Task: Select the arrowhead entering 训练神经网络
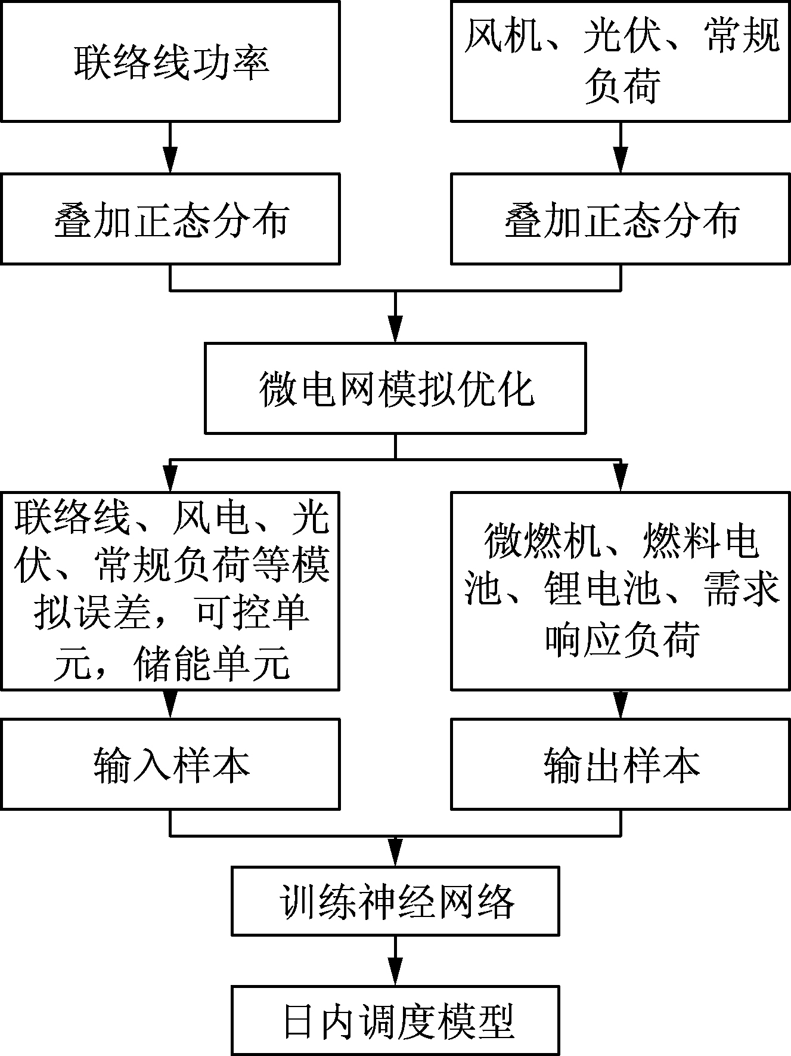click(395, 853)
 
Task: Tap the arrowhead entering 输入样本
click(170, 705)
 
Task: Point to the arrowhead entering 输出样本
click(621, 705)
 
